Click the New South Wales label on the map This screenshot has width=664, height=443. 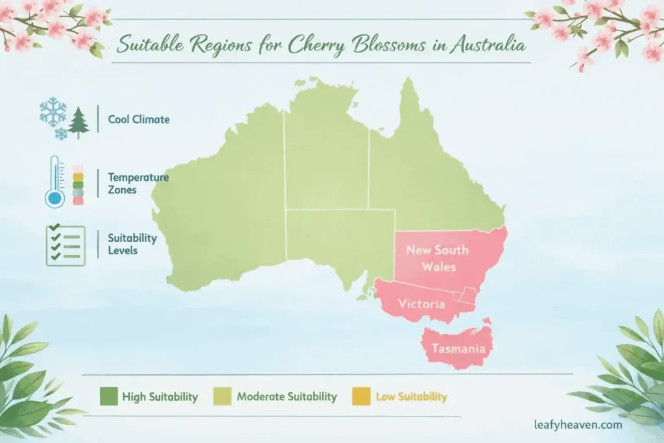point(436,258)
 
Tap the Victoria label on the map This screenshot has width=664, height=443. point(421,304)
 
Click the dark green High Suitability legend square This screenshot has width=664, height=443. point(108,396)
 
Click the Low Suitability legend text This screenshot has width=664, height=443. point(411,396)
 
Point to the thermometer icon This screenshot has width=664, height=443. point(55,182)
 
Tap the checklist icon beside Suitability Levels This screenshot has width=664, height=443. point(65,245)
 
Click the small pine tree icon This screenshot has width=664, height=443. point(78,123)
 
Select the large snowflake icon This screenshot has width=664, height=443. point(53,112)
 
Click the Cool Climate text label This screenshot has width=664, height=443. point(139,119)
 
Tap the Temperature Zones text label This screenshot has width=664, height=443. point(138,182)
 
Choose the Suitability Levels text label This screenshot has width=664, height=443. point(132,244)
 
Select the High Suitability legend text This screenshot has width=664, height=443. point(160,396)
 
